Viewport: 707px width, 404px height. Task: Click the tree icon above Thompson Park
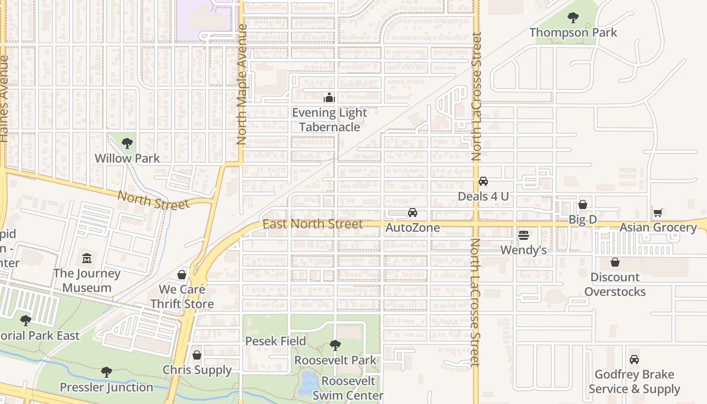573,18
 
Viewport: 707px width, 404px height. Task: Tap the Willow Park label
127,158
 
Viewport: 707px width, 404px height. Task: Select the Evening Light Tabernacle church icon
329,97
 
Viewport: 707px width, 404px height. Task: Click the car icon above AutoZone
413,213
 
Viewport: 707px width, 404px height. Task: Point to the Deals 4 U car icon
483,181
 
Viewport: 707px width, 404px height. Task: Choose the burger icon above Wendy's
524,235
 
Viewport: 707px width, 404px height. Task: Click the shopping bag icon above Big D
583,205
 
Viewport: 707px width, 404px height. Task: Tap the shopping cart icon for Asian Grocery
658,213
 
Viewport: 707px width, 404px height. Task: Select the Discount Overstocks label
615,284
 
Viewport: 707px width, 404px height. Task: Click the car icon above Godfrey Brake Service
634,360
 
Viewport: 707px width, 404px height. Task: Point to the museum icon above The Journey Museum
87,259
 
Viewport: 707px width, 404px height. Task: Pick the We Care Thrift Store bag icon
182,275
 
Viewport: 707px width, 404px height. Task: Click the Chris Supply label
197,370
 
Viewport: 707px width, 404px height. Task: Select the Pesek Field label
276,341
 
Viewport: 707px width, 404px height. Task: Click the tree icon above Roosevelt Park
335,345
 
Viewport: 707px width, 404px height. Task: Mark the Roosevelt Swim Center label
348,388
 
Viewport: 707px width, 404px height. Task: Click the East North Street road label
313,224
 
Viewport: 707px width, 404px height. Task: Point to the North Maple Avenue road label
242,85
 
